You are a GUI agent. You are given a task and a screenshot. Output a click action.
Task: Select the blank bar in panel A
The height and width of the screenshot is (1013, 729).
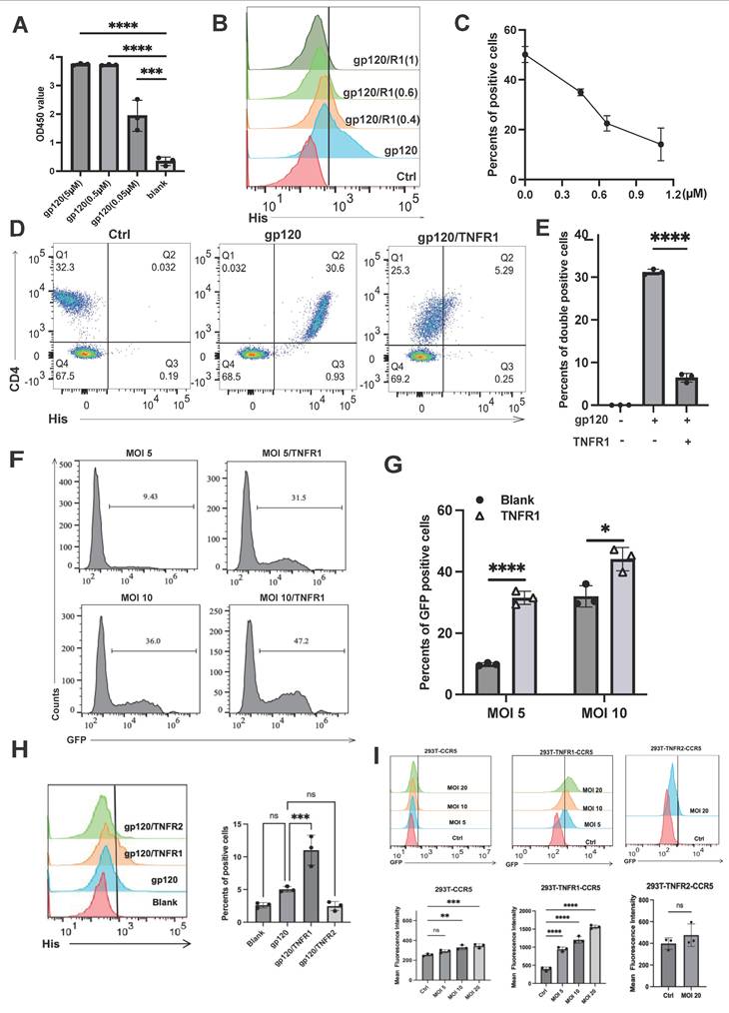click(164, 163)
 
